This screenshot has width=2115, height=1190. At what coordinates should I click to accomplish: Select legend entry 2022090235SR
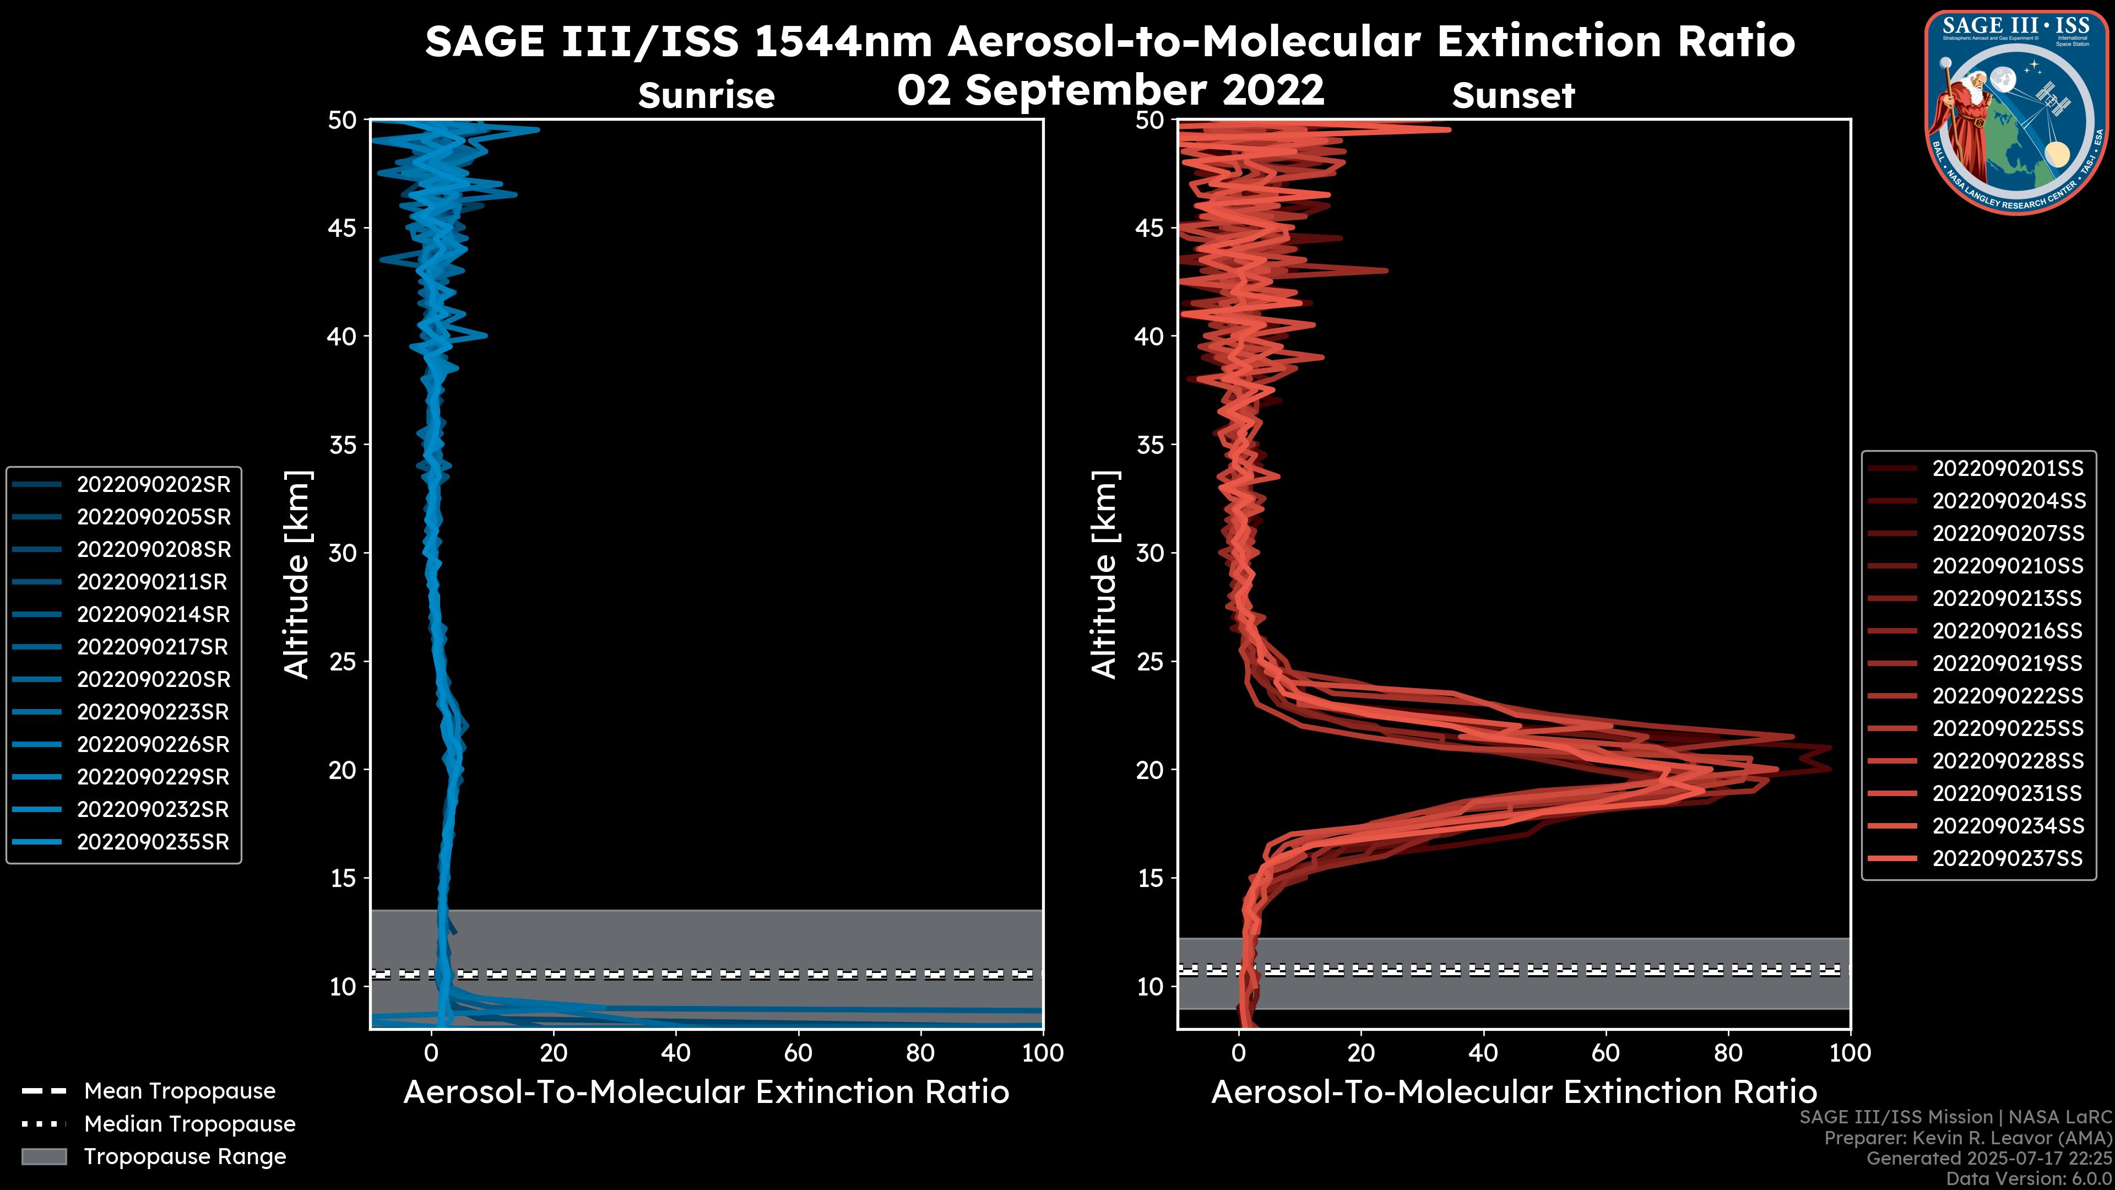(x=153, y=842)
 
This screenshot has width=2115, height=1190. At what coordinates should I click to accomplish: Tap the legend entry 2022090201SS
(x=2008, y=468)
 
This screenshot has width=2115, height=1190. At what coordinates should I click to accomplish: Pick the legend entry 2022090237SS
(x=2008, y=858)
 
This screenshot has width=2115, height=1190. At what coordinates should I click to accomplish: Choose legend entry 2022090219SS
(x=2008, y=663)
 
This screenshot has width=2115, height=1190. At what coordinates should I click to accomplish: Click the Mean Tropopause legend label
(x=180, y=1091)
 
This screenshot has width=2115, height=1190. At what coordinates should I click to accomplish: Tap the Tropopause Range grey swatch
(x=44, y=1156)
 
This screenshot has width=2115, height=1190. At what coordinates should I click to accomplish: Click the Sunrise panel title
(x=706, y=96)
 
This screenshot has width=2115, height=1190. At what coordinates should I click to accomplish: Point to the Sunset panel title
(x=1513, y=96)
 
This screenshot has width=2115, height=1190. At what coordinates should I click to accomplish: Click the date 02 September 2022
(x=1110, y=90)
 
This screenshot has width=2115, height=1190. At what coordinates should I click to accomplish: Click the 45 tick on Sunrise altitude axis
(x=343, y=228)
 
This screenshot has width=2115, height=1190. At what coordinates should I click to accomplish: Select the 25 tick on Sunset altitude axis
(x=1151, y=662)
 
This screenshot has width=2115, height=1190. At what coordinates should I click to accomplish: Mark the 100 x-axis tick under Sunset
(x=1850, y=1053)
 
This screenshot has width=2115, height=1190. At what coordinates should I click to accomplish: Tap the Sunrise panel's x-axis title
(x=706, y=1092)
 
